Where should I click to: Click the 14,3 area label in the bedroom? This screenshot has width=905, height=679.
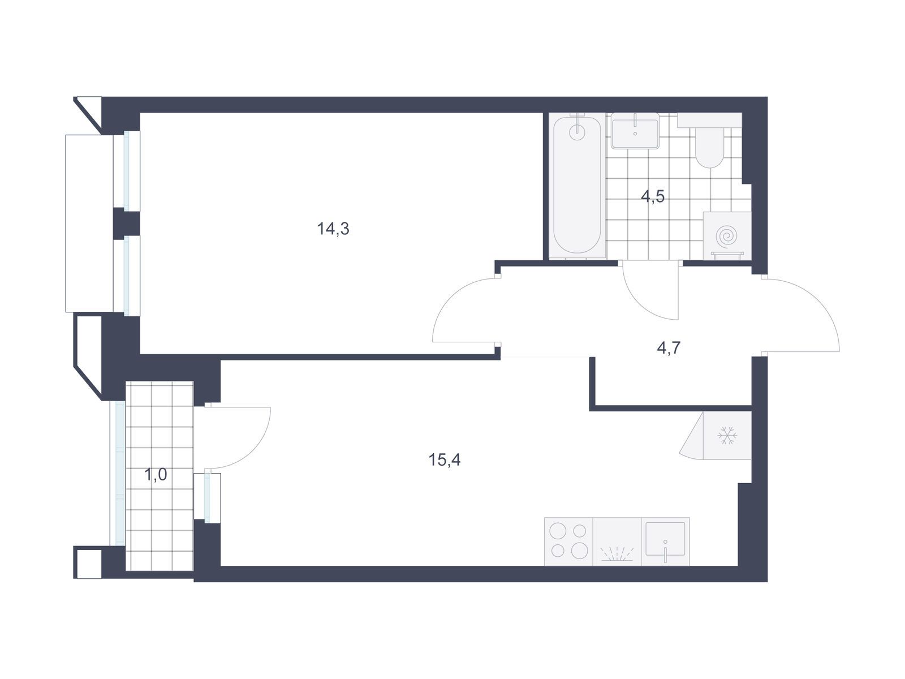pyautogui.click(x=333, y=229)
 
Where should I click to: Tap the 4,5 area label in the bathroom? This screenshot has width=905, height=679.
pyautogui.click(x=653, y=197)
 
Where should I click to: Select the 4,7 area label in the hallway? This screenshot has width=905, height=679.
pyautogui.click(x=669, y=348)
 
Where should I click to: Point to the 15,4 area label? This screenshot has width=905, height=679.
pyautogui.click(x=444, y=459)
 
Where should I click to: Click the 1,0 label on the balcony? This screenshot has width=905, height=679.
pyautogui.click(x=156, y=475)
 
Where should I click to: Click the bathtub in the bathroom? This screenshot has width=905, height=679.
pyautogui.click(x=577, y=186)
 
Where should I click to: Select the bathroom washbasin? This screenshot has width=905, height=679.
pyautogui.click(x=635, y=131)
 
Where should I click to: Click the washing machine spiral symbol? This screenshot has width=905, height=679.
pyautogui.click(x=726, y=236)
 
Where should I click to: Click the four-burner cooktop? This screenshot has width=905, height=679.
pyautogui.click(x=568, y=542)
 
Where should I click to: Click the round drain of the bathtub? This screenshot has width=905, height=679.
pyautogui.click(x=577, y=132)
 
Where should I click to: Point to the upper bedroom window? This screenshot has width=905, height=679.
pyautogui.click(x=127, y=169)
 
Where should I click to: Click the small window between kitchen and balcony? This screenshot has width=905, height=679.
pyautogui.click(x=207, y=498)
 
